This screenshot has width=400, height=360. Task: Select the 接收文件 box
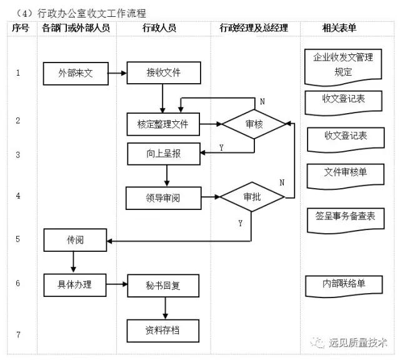162,73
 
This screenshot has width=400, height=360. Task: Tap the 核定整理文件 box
162,124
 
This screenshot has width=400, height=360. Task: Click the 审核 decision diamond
254,124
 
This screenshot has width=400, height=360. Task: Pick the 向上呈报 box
162,153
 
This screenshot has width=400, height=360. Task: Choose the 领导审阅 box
162,198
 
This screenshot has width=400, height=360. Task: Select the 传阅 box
75,240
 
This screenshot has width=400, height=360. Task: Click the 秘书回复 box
162,286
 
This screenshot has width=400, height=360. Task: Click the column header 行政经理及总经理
254,28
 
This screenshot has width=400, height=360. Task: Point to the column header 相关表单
339,28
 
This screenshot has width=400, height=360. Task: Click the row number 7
18,335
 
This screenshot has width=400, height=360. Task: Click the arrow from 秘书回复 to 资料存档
166,308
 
